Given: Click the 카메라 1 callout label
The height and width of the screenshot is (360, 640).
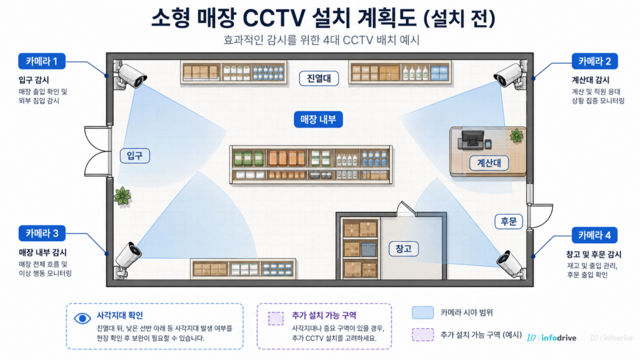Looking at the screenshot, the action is click(42, 61).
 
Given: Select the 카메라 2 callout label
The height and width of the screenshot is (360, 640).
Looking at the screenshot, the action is click(594, 61).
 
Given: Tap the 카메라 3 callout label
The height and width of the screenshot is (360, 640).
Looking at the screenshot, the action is click(42, 234).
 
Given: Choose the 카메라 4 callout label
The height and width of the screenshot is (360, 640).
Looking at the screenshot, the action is click(594, 235).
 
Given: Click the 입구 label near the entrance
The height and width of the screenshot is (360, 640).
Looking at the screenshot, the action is click(135, 156).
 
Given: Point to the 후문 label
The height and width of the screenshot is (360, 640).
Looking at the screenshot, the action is click(509, 221).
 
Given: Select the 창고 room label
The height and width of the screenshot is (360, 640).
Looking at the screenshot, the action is click(403, 249).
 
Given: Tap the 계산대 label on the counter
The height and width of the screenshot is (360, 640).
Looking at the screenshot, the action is click(489, 163).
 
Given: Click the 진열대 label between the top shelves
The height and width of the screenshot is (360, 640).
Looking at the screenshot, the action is click(319, 78).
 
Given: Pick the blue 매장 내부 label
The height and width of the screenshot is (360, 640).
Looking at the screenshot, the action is click(318, 119).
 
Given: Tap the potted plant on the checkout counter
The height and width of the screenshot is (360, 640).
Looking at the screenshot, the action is click(516, 136).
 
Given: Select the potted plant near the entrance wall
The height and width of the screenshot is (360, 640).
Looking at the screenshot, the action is click(122, 196).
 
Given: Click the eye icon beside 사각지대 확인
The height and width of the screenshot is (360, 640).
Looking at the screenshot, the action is click(82, 318).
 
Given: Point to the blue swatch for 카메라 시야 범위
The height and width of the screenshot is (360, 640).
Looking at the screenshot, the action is click(422, 312).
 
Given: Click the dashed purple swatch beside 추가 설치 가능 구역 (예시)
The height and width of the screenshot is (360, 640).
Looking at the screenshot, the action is click(422, 335).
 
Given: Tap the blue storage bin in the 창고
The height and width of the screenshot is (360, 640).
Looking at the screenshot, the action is click(368, 249).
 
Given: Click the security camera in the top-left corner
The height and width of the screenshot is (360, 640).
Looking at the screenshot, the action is click(130, 76).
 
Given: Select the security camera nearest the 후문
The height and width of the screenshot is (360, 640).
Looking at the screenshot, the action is click(511, 264).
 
